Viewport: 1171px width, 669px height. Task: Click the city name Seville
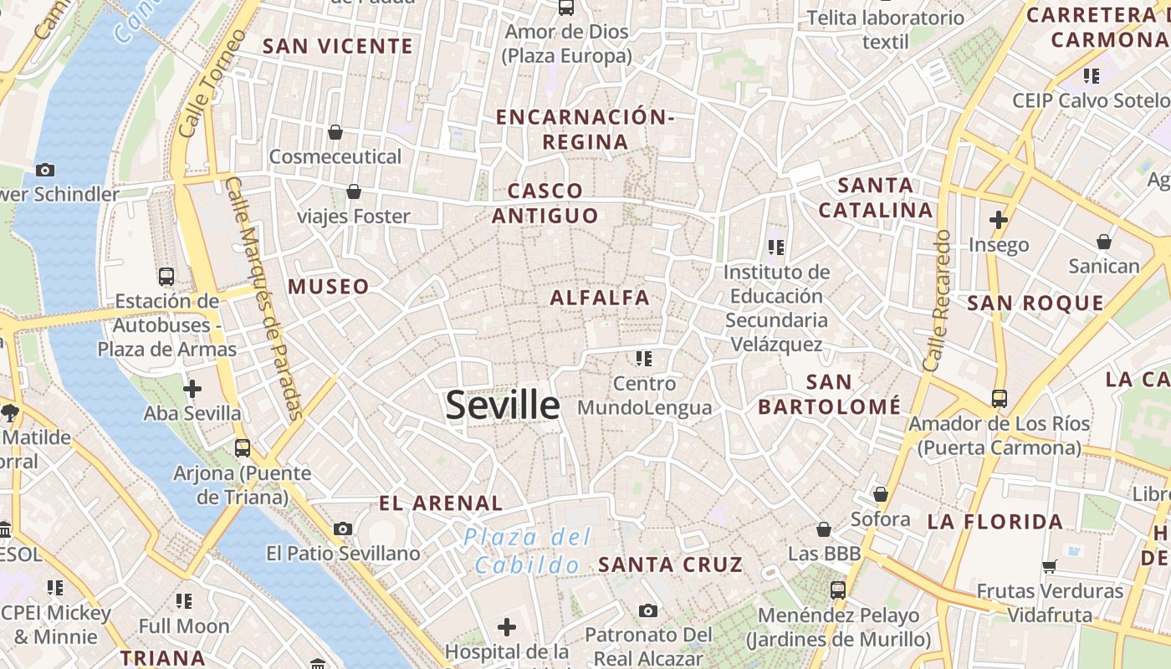click(502, 406)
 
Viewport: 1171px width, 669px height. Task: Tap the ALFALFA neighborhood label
click(600, 297)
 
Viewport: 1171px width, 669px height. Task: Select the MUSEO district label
click(329, 287)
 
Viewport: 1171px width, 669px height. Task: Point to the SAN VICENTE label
click(338, 46)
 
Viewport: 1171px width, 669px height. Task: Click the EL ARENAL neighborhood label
click(441, 503)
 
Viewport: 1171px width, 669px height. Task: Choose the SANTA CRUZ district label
click(670, 564)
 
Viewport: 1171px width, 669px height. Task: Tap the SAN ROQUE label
click(1035, 303)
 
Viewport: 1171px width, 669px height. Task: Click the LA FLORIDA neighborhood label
click(995, 522)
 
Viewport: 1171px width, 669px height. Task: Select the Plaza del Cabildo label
click(528, 550)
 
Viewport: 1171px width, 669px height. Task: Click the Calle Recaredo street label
click(937, 301)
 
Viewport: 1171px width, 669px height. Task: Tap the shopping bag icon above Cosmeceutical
click(335, 132)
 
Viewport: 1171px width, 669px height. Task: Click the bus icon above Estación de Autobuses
click(166, 276)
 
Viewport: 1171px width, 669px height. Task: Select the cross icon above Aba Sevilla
click(192, 389)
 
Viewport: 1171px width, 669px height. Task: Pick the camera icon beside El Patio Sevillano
click(343, 529)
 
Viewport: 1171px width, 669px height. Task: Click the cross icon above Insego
click(998, 221)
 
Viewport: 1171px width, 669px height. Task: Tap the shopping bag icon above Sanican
click(1104, 242)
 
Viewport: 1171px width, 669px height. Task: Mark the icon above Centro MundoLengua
click(643, 359)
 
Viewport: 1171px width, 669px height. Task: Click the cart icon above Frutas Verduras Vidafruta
click(1050, 566)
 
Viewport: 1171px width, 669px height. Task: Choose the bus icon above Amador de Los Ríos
click(1000, 398)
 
